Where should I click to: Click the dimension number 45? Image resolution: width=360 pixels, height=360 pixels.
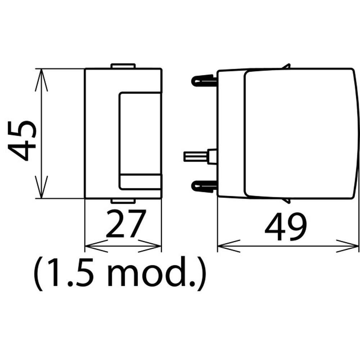(x=22, y=140)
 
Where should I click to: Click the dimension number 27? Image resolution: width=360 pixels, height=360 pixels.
(x=126, y=223)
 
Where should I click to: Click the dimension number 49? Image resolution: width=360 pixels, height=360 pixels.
(x=285, y=226)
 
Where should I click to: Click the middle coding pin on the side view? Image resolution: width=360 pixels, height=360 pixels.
(x=200, y=156)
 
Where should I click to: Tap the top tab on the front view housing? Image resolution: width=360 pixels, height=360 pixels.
(x=123, y=66)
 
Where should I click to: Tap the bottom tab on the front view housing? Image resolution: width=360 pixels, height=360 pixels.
(x=123, y=201)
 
